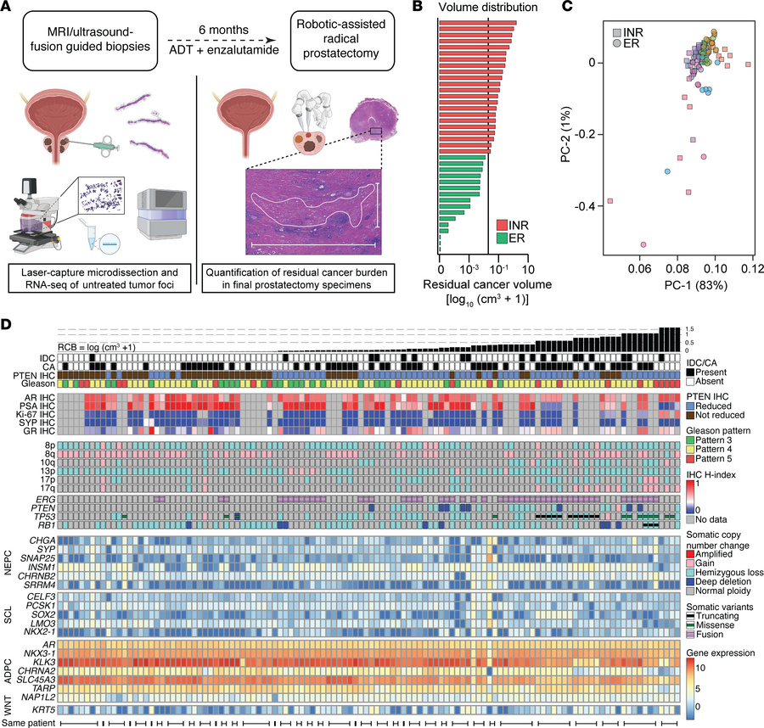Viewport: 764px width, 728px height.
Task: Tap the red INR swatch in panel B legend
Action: (503, 225)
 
